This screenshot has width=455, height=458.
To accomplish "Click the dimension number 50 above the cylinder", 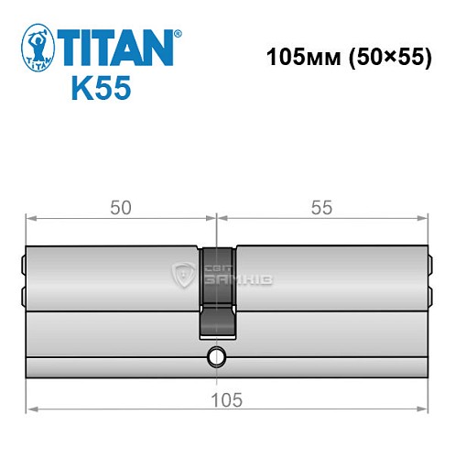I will [x=120, y=208].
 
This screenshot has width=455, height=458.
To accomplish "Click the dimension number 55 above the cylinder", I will [x=321, y=208].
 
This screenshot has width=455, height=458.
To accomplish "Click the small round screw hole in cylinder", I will [x=216, y=355].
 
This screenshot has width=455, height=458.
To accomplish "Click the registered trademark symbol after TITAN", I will [x=178, y=33].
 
